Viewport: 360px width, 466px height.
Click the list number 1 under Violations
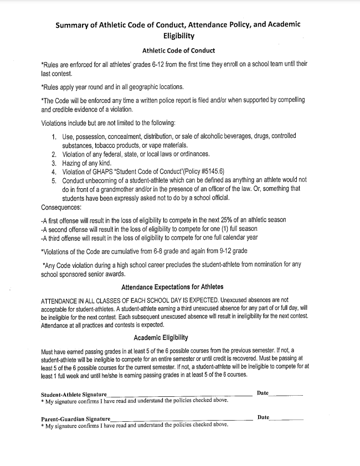54,136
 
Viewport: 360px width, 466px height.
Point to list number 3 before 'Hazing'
54,163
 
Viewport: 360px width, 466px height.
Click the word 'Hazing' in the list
72,163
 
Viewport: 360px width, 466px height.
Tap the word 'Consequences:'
61,208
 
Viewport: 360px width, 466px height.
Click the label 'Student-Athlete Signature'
74,394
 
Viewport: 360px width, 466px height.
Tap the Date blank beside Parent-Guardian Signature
286,419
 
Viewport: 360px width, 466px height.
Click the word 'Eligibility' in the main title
180,36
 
